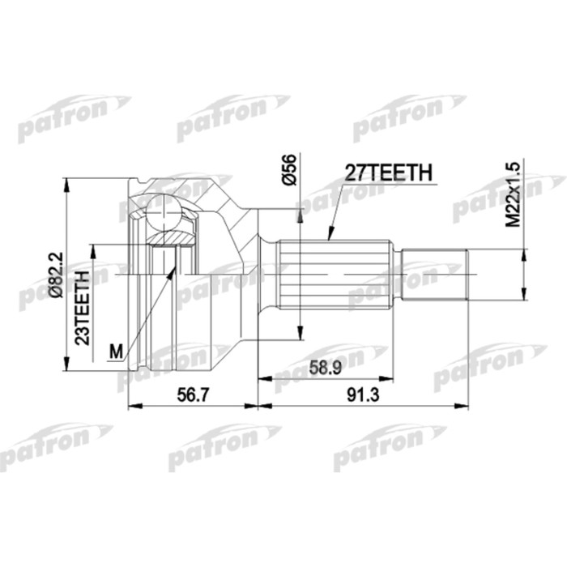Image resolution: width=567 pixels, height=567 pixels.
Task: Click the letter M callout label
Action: (x=116, y=351)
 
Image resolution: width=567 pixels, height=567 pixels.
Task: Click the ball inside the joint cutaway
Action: (x=165, y=213)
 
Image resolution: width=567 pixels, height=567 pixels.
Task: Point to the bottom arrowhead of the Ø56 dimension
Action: (x=301, y=336)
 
